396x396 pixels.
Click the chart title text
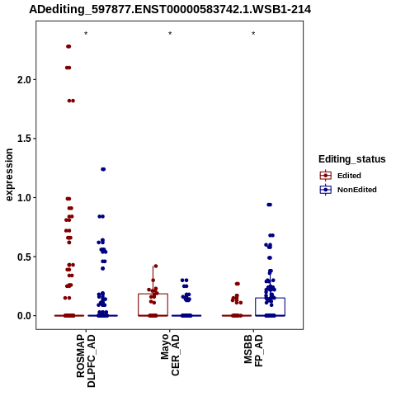pos(170,10)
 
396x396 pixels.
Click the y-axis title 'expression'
pos(9,175)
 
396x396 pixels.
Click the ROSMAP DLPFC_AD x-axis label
pos(86,361)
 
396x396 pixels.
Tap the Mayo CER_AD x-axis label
pos(170,355)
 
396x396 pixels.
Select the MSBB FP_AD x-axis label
pos(253,351)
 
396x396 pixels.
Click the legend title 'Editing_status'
pos(352,159)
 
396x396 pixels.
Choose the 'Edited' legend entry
pos(340,176)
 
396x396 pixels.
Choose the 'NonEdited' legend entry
pos(348,190)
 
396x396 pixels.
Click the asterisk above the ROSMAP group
pos(86,34)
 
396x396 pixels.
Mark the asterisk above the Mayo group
pos(170,34)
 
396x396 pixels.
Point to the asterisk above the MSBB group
pos(253,34)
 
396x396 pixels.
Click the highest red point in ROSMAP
pos(68,46)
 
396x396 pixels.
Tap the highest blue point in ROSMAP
pos(103,169)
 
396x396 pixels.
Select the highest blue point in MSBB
pos(270,205)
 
